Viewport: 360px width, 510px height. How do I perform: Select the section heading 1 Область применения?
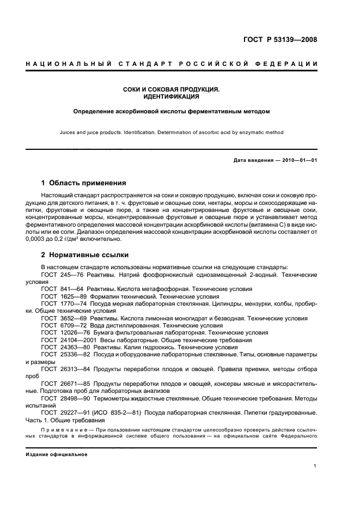coord(84,183)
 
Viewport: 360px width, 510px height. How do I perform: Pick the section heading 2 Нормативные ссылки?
coord(86,254)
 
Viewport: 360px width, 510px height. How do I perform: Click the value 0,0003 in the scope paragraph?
coord(37,239)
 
